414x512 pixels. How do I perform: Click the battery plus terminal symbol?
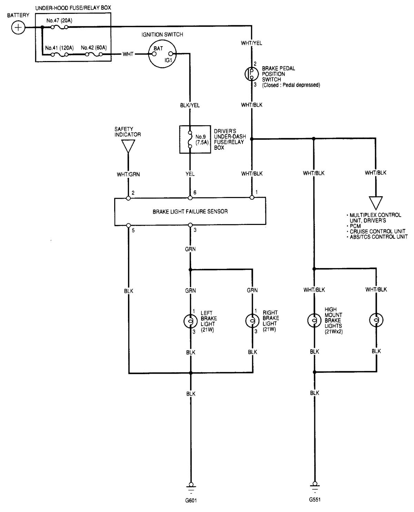tap(18, 28)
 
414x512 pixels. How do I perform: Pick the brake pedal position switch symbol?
tap(252, 73)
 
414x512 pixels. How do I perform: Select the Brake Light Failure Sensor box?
tap(190, 211)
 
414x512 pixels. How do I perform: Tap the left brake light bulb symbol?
tap(190, 321)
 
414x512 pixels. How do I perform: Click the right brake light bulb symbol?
tap(252, 321)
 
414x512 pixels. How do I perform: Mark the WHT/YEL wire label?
tap(252, 43)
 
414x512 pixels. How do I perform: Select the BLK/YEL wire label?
tap(190, 105)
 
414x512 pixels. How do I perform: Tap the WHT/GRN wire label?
tap(128, 174)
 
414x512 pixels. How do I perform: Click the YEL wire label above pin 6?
tap(190, 174)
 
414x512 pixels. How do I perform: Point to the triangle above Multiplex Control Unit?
tap(376, 202)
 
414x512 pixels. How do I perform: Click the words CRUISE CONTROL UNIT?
tap(377, 231)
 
